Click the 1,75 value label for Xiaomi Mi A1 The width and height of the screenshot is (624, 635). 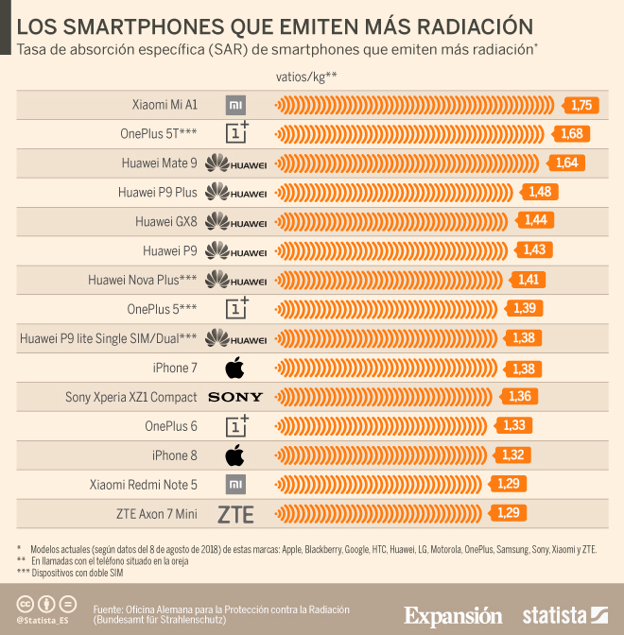point(581,105)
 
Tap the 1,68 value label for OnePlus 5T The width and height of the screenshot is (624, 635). point(572,134)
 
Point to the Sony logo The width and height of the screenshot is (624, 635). point(235,397)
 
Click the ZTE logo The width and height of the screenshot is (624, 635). point(235,514)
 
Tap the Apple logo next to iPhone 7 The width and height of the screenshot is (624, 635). point(235,368)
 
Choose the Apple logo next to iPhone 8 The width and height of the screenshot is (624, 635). point(235,455)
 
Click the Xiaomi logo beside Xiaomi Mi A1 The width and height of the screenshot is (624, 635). point(235,105)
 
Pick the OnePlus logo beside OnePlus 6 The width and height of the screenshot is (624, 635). point(236,425)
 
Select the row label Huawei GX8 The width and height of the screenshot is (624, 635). point(166,222)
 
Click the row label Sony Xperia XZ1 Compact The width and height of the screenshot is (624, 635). point(130,397)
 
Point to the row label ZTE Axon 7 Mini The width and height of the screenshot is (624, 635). point(155,514)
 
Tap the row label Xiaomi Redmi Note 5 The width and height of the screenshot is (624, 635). point(143,485)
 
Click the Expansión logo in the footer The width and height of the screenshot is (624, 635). point(453,615)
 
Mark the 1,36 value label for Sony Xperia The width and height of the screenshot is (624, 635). point(520,397)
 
